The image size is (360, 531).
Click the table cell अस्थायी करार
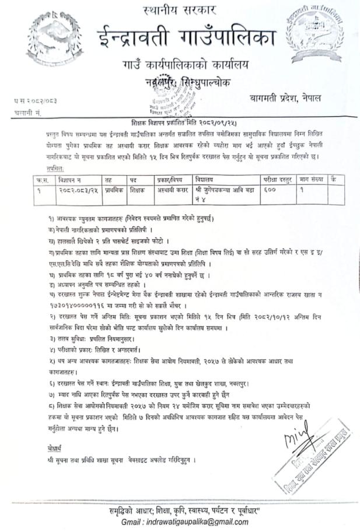pos(173,190)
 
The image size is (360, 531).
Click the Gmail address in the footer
pos(197,521)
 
